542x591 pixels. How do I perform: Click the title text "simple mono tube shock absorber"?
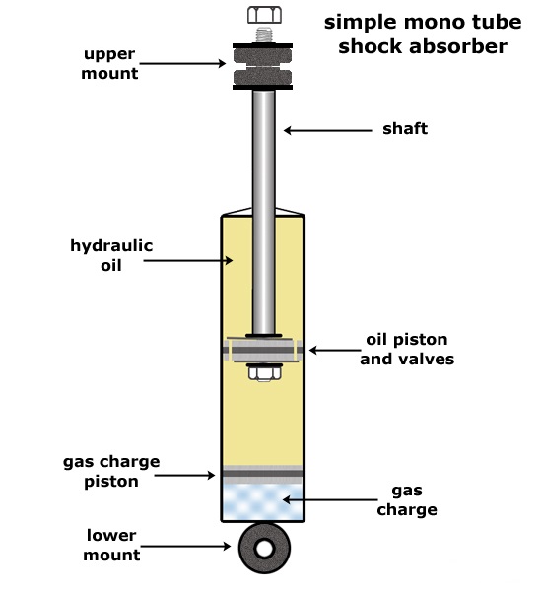[423, 33]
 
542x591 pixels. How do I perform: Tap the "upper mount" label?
[109, 63]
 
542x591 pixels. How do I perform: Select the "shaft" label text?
[405, 128]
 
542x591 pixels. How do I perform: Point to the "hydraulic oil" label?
[111, 255]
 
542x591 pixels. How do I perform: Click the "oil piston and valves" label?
[407, 349]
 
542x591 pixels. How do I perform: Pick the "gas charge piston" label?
[111, 471]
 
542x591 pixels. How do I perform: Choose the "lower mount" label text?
[111, 545]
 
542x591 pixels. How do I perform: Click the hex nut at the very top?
[264, 15]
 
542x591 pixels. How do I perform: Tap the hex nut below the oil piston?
[264, 373]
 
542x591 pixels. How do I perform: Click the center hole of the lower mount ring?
[264, 549]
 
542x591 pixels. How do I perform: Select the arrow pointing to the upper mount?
[182, 63]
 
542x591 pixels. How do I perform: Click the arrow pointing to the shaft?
[328, 130]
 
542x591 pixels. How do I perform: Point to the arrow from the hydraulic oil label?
[188, 260]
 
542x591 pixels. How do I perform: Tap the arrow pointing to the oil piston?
[335, 350]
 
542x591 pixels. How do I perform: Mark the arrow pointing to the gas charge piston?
[184, 475]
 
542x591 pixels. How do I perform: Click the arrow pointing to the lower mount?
[185, 546]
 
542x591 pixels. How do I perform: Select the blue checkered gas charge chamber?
[262, 502]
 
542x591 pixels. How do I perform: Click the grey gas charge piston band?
[262, 474]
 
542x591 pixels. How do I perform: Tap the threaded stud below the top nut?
[264, 34]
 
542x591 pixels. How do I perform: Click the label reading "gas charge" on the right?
[407, 500]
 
